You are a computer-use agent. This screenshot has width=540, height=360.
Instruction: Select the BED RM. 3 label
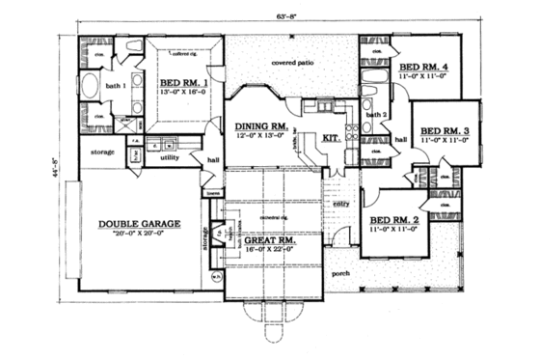[445, 129]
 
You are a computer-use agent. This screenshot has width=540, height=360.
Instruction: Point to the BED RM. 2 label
[392, 220]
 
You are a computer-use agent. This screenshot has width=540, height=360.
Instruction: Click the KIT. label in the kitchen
[331, 137]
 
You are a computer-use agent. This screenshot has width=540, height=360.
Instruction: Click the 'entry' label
[340, 204]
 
